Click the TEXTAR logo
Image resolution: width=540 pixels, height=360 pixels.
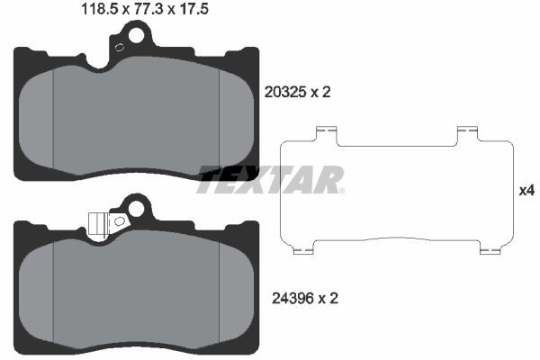point(270,179)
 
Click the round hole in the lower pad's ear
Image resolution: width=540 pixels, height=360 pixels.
point(137,210)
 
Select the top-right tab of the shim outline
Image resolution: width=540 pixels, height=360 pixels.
point(465,133)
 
